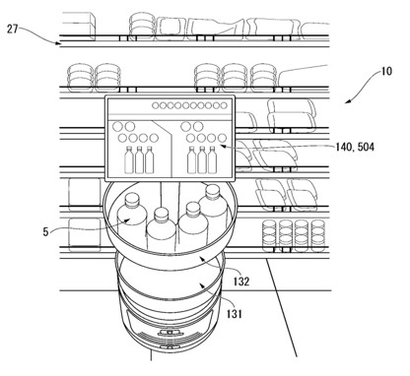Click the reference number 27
point(12,30)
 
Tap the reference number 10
point(386,71)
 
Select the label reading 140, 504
point(355,147)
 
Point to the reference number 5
point(45,232)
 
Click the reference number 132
point(241,282)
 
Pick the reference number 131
point(234,314)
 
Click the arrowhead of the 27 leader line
point(58,42)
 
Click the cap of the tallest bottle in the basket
point(213,191)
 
